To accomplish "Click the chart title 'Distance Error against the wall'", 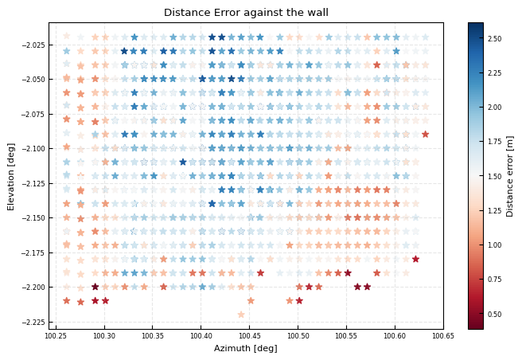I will (246, 13).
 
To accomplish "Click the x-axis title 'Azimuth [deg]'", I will (246, 349).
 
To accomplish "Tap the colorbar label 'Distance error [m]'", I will (510, 175).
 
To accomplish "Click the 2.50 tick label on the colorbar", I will (495, 38).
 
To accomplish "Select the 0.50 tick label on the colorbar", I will (495, 314).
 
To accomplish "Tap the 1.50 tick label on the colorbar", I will (495, 176).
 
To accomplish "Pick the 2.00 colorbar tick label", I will (495, 107).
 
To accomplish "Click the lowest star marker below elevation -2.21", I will (241, 315).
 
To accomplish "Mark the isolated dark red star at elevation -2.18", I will (415, 259).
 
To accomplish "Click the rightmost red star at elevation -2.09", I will (425, 135).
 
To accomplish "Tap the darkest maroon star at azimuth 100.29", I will (95, 287).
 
